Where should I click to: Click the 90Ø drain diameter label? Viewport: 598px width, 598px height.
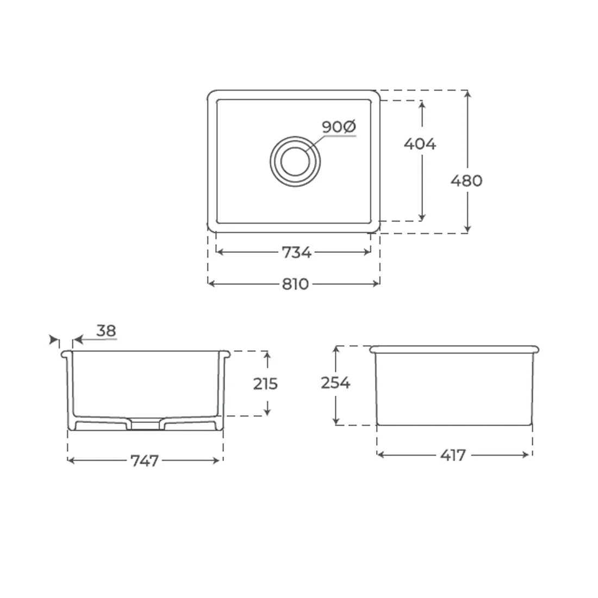click(339, 127)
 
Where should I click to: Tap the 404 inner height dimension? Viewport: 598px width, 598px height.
click(420, 144)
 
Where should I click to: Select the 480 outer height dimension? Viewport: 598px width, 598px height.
click(466, 180)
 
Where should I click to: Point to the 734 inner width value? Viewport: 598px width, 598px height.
click(296, 252)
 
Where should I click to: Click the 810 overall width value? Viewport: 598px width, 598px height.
click(295, 284)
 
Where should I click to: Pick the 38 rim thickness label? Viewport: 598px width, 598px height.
click(106, 331)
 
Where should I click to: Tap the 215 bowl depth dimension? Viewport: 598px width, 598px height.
click(265, 384)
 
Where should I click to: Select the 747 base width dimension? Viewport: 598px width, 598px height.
click(144, 460)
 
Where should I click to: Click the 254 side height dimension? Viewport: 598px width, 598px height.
click(335, 383)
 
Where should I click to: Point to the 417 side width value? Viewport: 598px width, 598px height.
click(453, 455)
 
